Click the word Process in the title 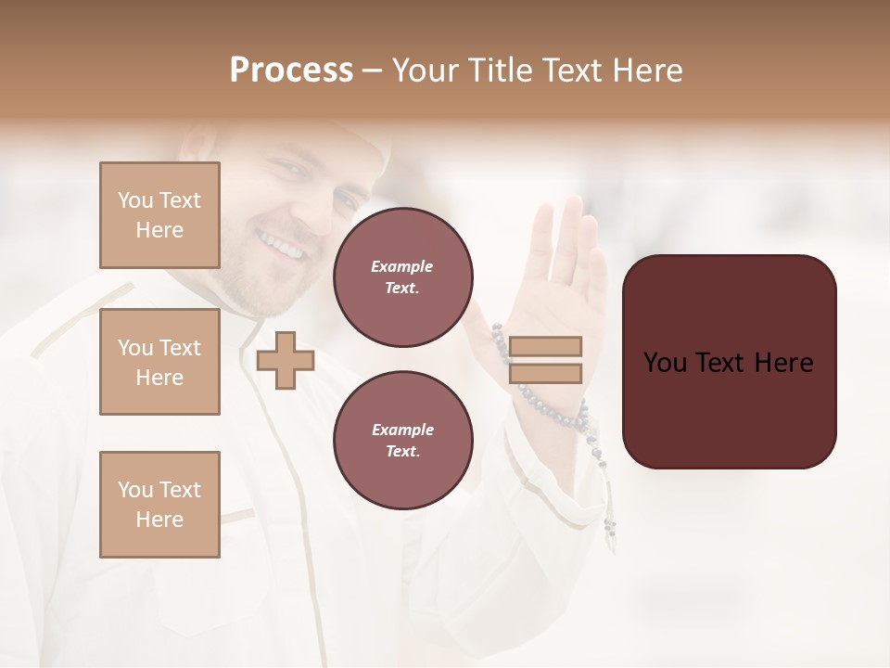click(x=291, y=71)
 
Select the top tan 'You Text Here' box click(x=159, y=215)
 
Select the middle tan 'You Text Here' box click(x=159, y=362)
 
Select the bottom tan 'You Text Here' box click(x=159, y=504)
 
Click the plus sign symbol click(x=285, y=360)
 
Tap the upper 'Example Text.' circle click(x=402, y=277)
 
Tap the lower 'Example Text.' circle click(x=402, y=441)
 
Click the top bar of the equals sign click(x=545, y=346)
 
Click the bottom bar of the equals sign click(x=545, y=373)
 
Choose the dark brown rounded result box click(x=729, y=362)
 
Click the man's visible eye click(x=291, y=171)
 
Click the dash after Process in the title click(x=373, y=71)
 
